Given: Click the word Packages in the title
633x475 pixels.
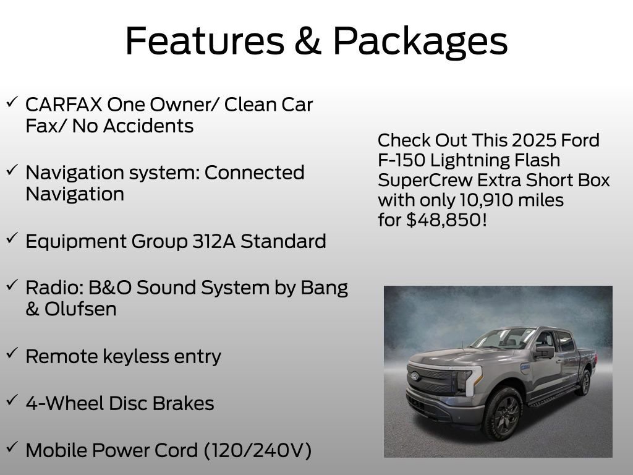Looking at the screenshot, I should click(x=420, y=41).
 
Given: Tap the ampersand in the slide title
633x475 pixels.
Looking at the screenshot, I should click(x=310, y=41).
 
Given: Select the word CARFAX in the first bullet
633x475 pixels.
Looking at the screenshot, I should click(x=62, y=105).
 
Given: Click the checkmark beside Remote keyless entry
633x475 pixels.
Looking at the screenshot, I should click(x=12, y=353).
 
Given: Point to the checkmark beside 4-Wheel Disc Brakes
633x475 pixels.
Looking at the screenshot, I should click(x=12, y=400).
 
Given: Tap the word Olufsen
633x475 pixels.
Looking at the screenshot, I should click(x=80, y=309).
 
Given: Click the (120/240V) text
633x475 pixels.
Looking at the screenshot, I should click(x=257, y=451).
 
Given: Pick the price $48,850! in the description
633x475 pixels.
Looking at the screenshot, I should click(x=446, y=220).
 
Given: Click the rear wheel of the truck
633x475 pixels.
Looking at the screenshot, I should click(x=583, y=382).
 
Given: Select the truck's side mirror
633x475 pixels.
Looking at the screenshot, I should click(x=545, y=352).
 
